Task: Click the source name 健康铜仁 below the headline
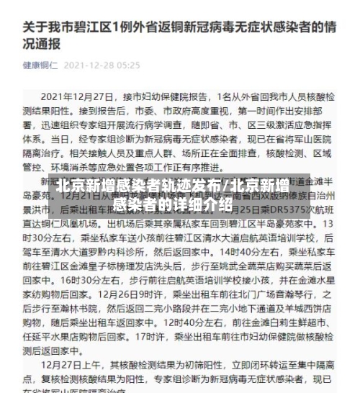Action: pos(39,65)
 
